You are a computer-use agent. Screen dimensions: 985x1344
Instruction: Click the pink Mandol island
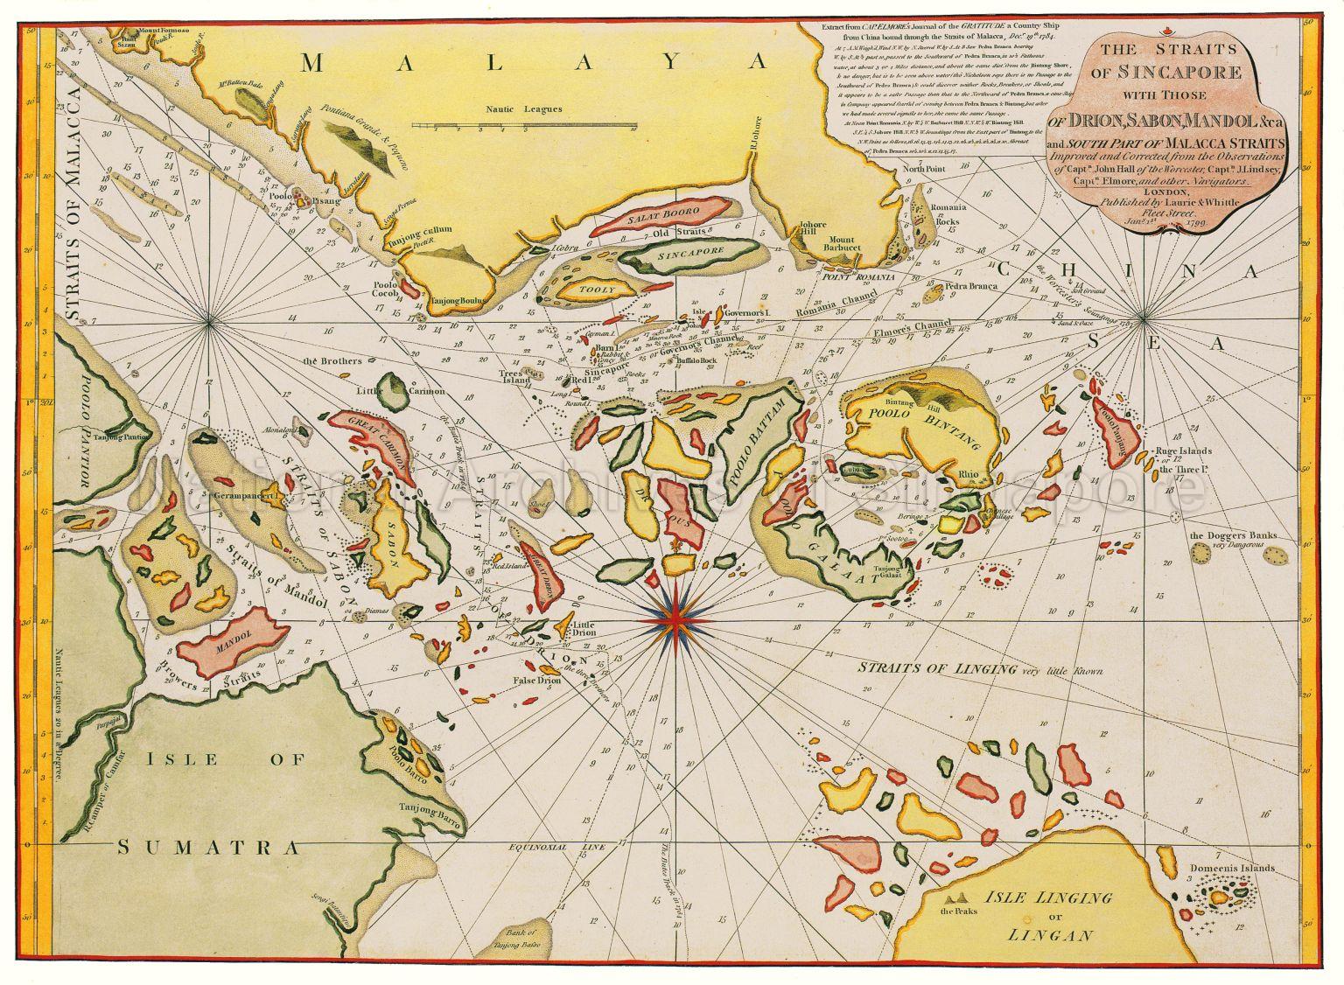(x=232, y=646)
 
